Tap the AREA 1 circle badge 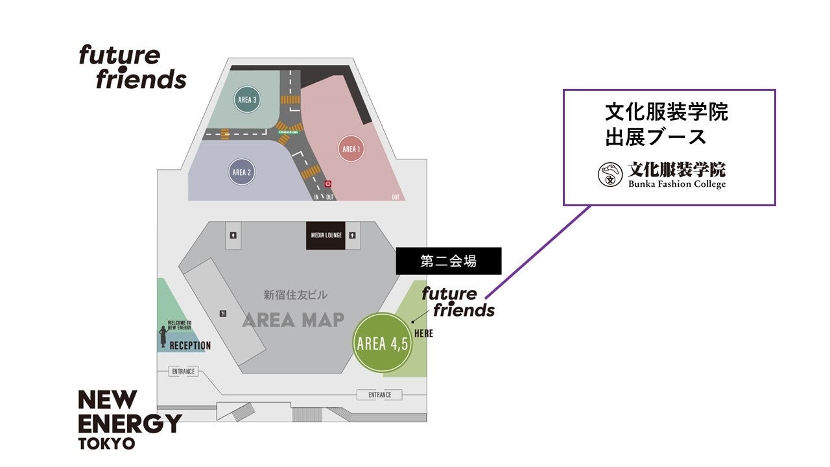[x=351, y=149]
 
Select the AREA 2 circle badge [x=241, y=173]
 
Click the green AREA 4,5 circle [x=383, y=343]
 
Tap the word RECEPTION [x=190, y=346]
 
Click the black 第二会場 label [x=449, y=261]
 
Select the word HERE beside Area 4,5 [x=423, y=334]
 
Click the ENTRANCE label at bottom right [x=379, y=395]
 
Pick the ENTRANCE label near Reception [x=184, y=372]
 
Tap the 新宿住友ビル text [x=295, y=295]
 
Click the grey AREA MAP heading [x=293, y=320]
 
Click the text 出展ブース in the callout [x=656, y=138]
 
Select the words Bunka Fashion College [x=676, y=184]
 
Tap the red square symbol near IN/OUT [x=328, y=184]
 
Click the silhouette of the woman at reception [x=163, y=337]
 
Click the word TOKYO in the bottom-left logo [x=106, y=444]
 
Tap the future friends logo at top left [x=132, y=67]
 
